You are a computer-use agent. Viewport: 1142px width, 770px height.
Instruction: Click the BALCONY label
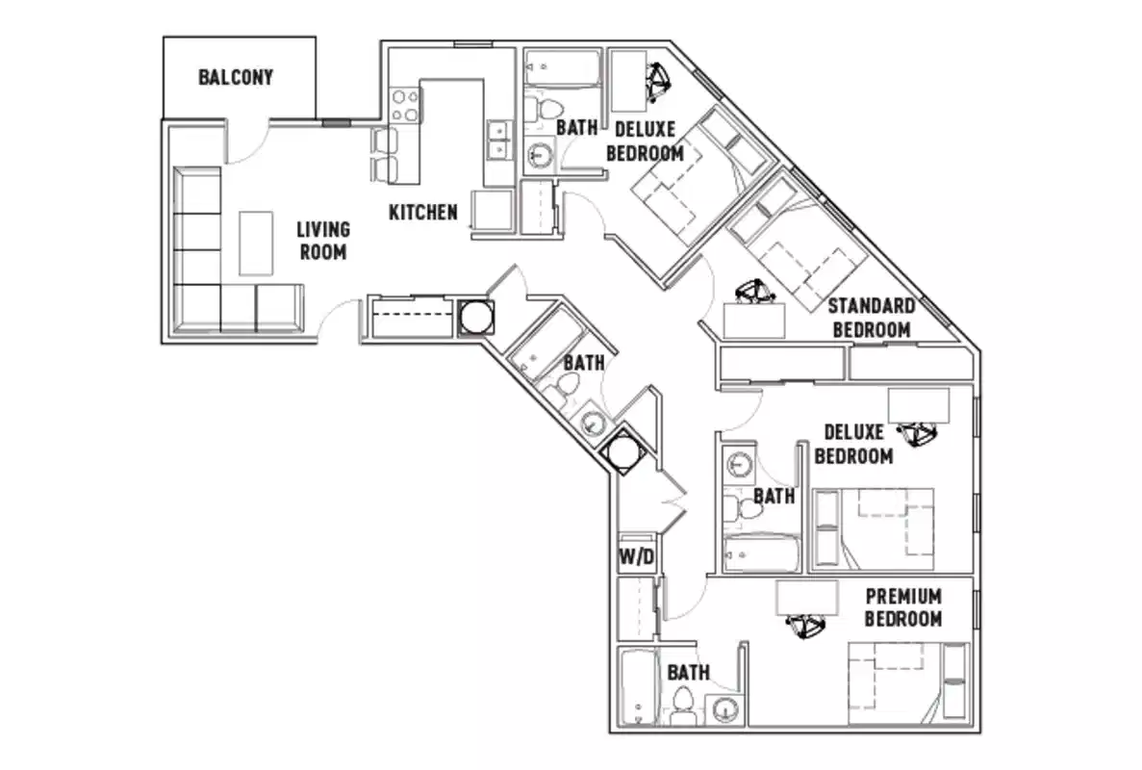[x=236, y=77]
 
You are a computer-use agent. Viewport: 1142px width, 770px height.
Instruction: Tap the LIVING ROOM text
[x=322, y=241]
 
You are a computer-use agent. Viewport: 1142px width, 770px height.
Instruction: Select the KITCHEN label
[x=422, y=211]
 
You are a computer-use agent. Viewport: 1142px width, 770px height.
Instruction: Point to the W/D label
[x=635, y=557]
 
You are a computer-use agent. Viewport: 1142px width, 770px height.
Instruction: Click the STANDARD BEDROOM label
[x=872, y=318]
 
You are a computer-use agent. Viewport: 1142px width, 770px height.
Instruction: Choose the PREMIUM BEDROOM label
[x=902, y=607]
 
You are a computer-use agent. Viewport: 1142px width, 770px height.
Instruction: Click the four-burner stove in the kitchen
[x=405, y=105]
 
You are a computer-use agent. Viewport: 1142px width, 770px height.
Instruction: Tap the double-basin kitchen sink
[x=498, y=141]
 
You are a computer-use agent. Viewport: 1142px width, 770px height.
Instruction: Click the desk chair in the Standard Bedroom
[x=753, y=292]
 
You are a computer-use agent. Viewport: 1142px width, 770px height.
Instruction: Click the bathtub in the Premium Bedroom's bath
[x=637, y=689]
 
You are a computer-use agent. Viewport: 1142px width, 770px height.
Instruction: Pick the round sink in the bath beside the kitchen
[x=541, y=154]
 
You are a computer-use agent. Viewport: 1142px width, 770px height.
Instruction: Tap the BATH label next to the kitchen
[x=576, y=126]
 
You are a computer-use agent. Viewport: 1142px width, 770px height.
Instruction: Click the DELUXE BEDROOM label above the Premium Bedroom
[x=853, y=444]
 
